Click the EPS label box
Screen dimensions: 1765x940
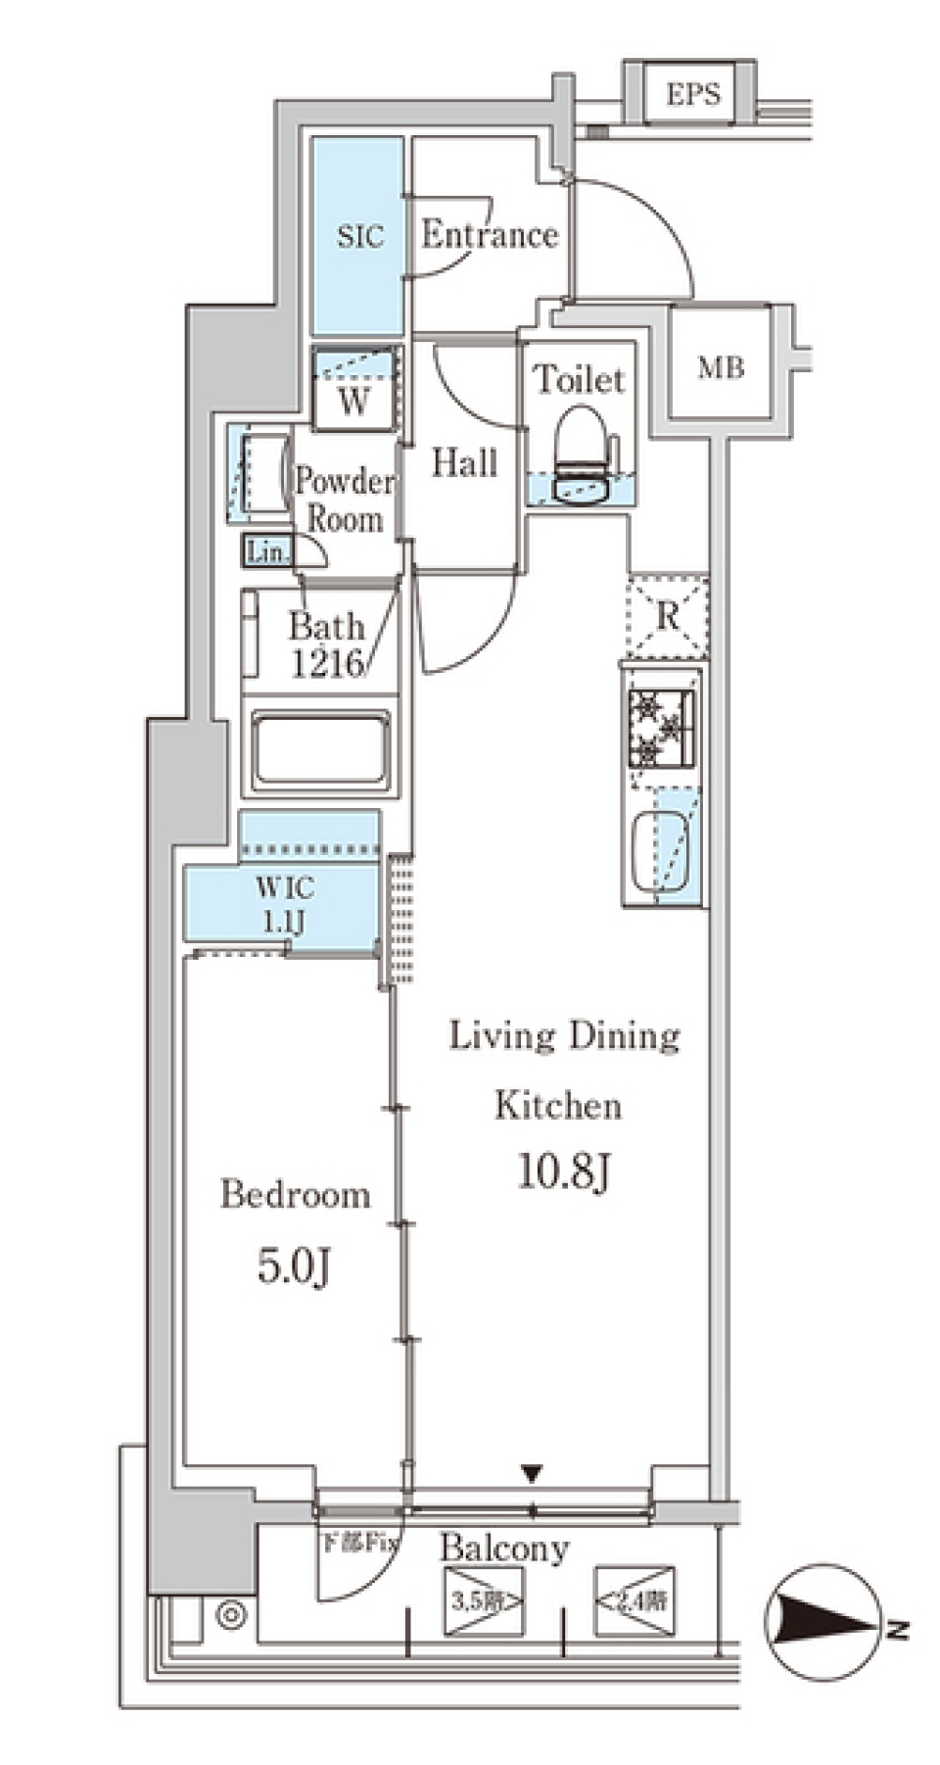click(x=692, y=94)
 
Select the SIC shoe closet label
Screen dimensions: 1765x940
click(x=359, y=236)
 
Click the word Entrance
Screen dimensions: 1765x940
click(x=490, y=235)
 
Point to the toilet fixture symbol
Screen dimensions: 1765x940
click(x=583, y=455)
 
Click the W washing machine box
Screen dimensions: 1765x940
click(x=354, y=389)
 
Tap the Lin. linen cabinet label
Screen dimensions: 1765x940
click(x=266, y=551)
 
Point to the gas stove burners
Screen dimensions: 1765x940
click(x=662, y=728)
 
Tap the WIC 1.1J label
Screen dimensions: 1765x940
click(x=285, y=903)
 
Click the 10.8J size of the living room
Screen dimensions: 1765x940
click(x=564, y=1170)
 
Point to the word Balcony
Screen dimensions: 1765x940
click(x=504, y=1549)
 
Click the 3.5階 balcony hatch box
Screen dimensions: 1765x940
click(x=484, y=1602)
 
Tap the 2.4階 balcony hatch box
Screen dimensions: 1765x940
click(x=634, y=1602)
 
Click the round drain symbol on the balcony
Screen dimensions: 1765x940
click(x=231, y=1615)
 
